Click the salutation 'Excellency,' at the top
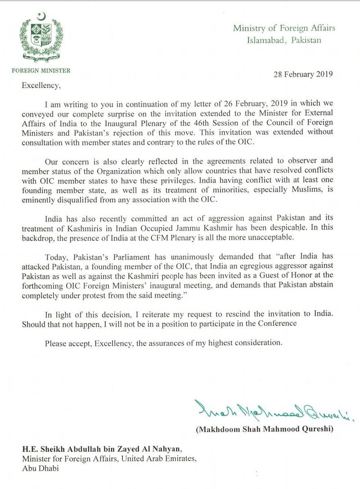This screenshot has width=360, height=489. (43, 83)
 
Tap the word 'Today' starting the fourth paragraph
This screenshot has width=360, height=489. (56, 257)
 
